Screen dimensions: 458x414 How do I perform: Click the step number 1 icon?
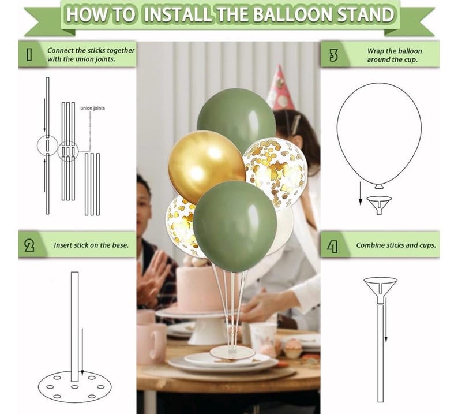pyautogui.click(x=29, y=54)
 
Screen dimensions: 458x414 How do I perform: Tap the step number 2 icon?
pyautogui.click(x=29, y=245)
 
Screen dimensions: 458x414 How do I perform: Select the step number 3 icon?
pyautogui.click(x=333, y=55)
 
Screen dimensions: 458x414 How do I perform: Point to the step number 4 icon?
pyautogui.click(x=332, y=246)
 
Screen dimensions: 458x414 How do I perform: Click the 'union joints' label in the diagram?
pyautogui.click(x=93, y=108)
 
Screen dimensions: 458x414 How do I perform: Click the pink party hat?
pyautogui.click(x=280, y=88)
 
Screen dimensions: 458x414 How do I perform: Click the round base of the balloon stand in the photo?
pyautogui.click(x=232, y=352)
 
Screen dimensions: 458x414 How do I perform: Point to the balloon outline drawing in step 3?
pyautogui.click(x=379, y=135)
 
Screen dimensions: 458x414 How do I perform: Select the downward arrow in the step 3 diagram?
pyautogui.click(x=361, y=193)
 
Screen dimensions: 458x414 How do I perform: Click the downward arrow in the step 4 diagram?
pyautogui.click(x=386, y=320)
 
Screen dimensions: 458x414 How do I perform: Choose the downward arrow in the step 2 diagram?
pyautogui.click(x=82, y=352)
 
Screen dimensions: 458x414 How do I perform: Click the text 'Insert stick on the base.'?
pyautogui.click(x=91, y=245)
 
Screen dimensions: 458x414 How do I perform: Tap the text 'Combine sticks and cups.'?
pyautogui.click(x=396, y=245)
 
